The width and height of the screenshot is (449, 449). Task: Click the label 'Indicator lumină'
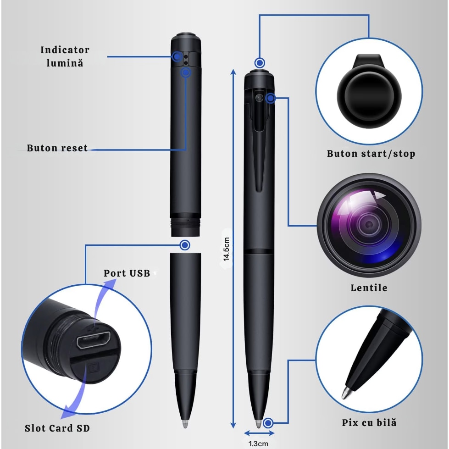pos(65,56)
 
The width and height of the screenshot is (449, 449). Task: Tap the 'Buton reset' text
pos(57,148)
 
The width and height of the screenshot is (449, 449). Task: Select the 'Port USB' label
pos(127,273)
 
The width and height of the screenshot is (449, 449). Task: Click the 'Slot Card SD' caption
pos(57,428)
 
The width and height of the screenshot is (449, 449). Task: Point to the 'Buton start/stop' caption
pos(371,154)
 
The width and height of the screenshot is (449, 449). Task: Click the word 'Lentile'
pos(369,288)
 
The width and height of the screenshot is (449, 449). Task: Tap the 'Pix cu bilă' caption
pos(369,423)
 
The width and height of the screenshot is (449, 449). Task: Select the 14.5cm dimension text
pos(226,249)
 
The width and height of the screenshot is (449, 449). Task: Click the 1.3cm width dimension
pos(258,443)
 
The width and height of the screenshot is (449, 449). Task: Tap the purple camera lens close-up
pos(369,225)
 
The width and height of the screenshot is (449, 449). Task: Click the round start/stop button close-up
pos(369,96)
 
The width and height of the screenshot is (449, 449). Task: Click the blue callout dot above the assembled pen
pos(260,63)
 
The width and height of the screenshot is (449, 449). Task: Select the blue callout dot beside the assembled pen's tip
pos(268,423)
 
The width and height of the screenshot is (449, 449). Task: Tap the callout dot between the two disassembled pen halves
pos(185,245)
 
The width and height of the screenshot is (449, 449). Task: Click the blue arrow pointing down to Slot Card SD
pos(76,395)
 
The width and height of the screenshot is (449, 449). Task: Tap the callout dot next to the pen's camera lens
pos(270,98)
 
